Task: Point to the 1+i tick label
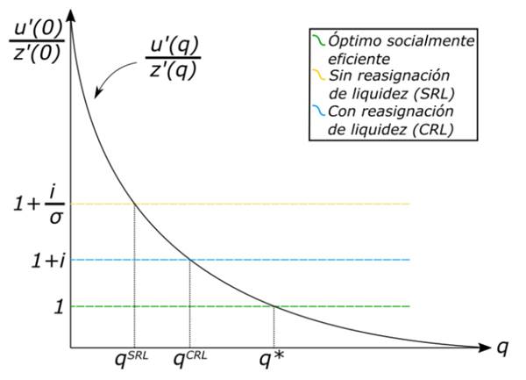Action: pos(34,259)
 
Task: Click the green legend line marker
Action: pos(317,42)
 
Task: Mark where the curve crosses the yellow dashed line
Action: pos(134,204)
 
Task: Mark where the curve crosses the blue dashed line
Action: pos(190,260)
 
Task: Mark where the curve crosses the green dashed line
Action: pos(274,306)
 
